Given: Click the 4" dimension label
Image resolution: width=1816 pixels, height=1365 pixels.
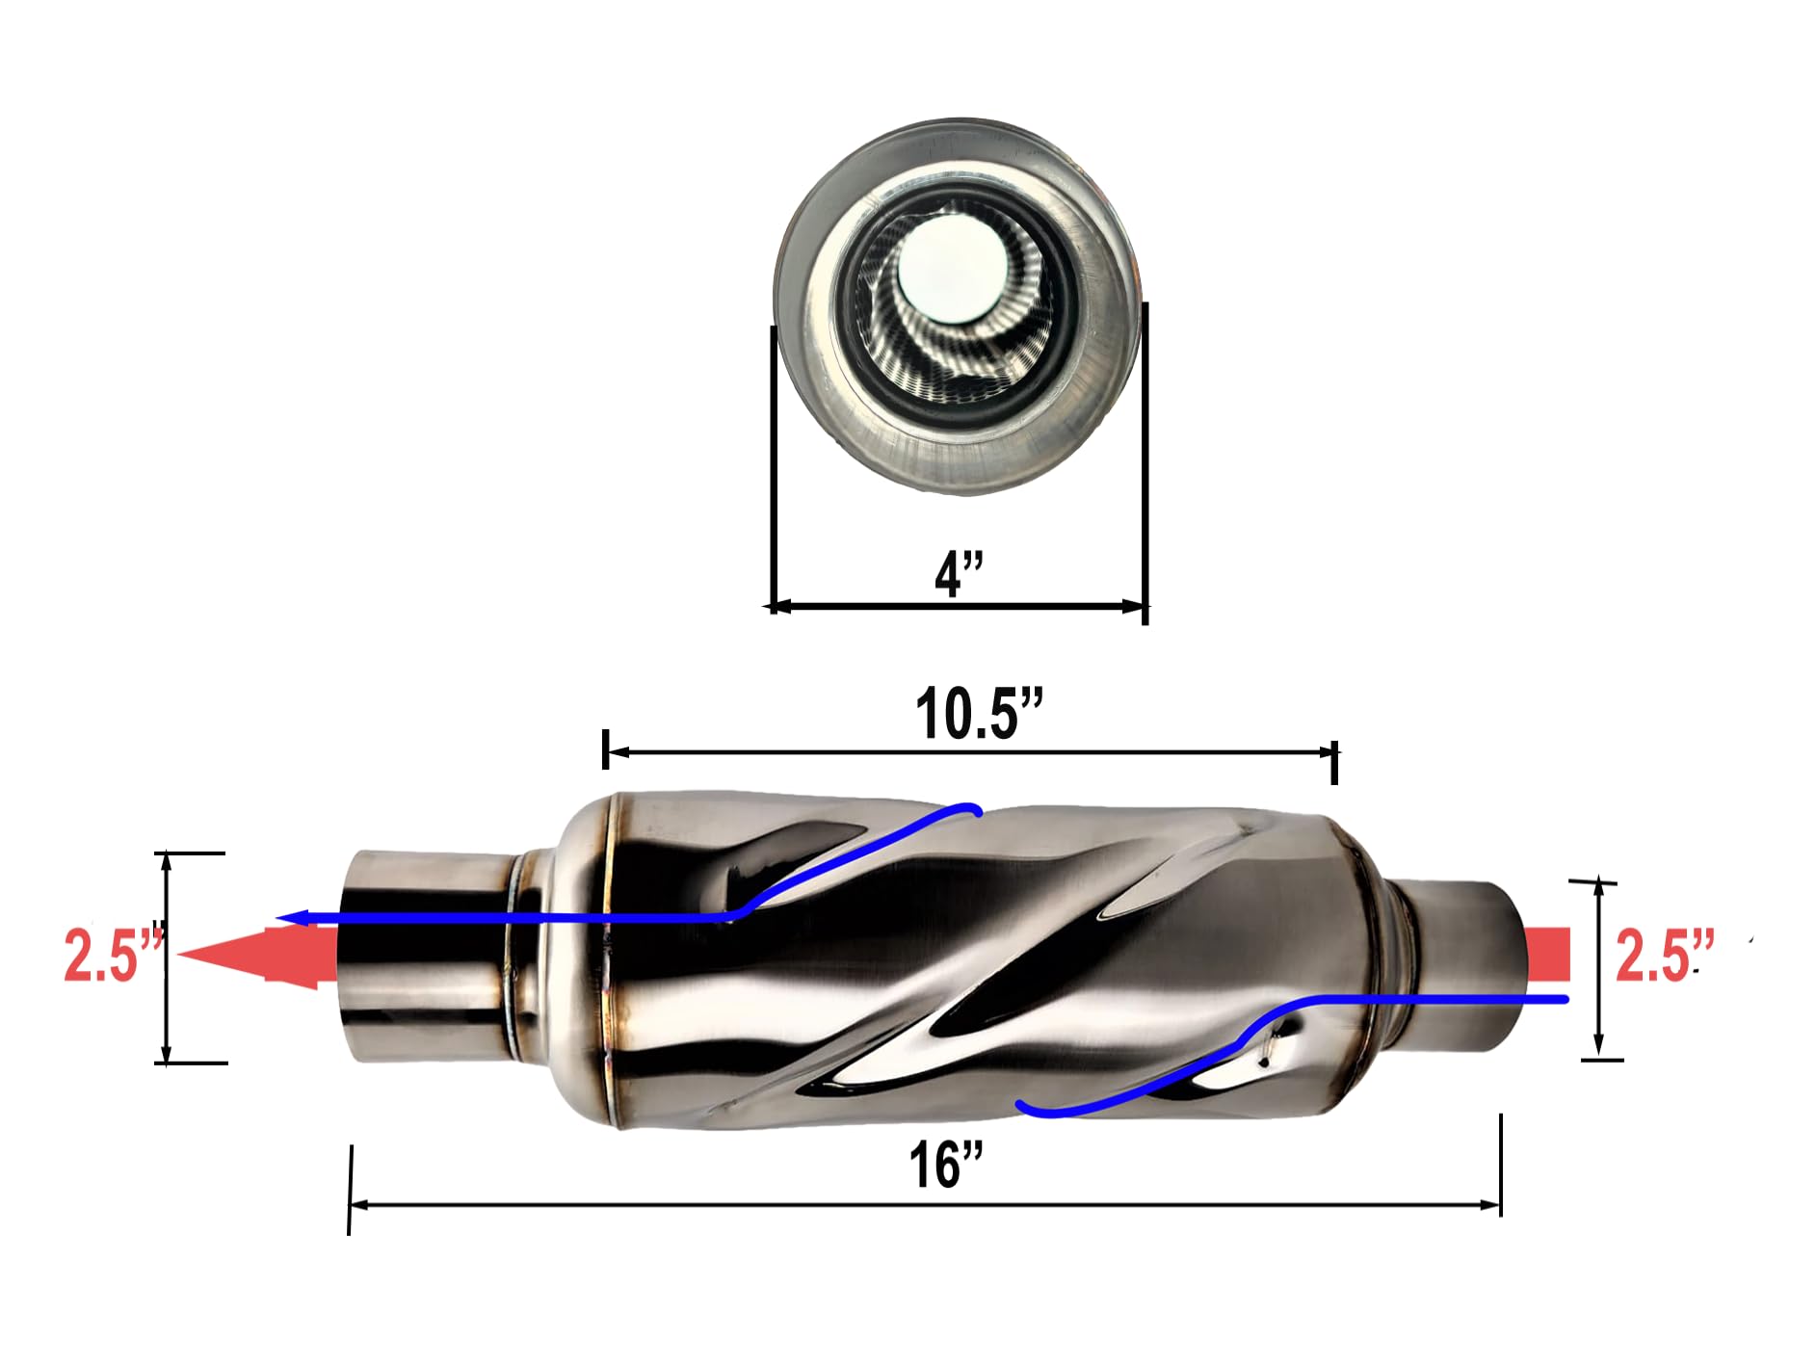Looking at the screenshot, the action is coord(959,573).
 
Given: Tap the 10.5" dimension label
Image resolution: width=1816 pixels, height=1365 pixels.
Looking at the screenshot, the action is coord(979,714).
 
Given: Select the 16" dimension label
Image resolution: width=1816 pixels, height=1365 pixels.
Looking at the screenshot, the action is coord(946,1164).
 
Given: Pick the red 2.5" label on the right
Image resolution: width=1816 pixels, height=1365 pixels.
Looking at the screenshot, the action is coord(1665,956).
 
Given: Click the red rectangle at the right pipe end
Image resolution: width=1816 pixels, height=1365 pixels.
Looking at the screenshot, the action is coord(1547,954).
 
